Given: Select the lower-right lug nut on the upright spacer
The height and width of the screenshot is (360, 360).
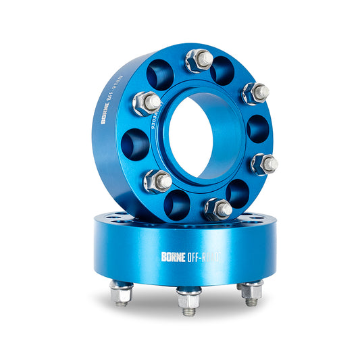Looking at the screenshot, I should [264, 163].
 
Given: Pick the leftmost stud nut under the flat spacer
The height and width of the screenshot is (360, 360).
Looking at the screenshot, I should [122, 293].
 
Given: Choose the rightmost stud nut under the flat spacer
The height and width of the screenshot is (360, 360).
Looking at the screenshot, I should [251, 292].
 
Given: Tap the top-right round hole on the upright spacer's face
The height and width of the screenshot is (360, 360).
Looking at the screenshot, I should [222, 70].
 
